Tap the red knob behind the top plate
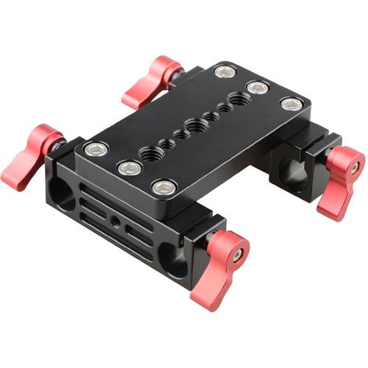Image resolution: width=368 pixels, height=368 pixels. point(153,81)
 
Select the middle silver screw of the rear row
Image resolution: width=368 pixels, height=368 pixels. point(257,87)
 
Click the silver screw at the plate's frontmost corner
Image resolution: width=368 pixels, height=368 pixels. point(163,188)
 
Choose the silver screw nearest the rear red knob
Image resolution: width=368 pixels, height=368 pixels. point(225,71)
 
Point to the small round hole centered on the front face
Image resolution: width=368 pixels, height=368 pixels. point(116,221)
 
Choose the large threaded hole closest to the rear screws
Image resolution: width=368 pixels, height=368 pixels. point(240,99)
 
